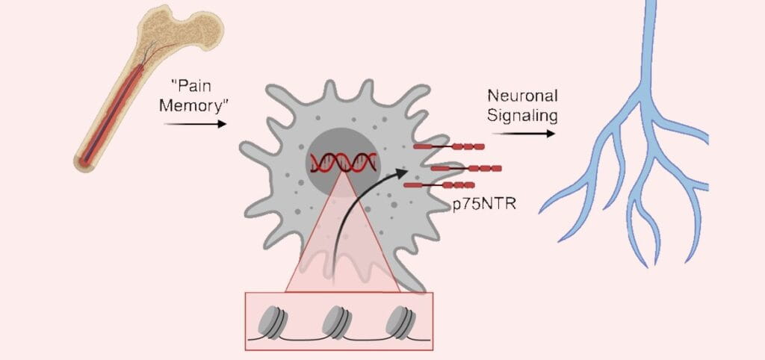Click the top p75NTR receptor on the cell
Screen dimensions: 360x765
point(449,147)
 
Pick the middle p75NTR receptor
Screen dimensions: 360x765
point(466,168)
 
